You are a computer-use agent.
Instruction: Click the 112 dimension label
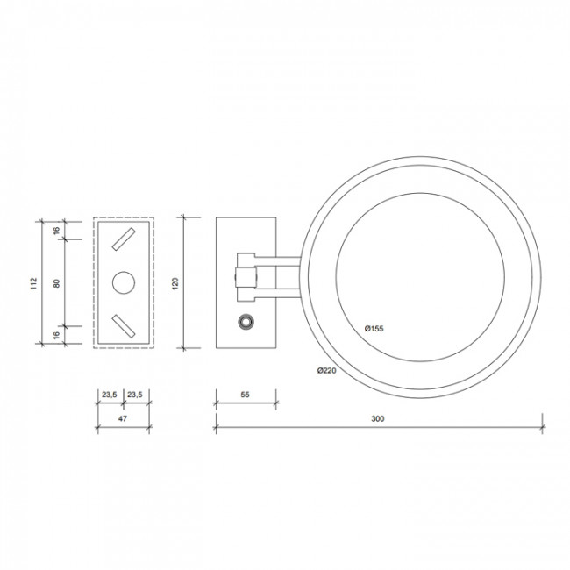pos(33,282)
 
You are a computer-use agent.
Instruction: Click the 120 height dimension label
pos(175,282)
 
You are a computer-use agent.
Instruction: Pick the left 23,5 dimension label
pos(108,395)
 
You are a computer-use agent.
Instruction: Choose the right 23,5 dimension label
pos(136,395)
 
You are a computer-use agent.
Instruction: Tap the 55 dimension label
pos(246,395)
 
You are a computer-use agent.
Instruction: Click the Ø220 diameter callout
pos(327,371)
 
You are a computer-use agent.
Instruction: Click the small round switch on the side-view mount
pos(246,322)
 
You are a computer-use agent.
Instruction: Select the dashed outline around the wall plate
pos(94,282)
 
